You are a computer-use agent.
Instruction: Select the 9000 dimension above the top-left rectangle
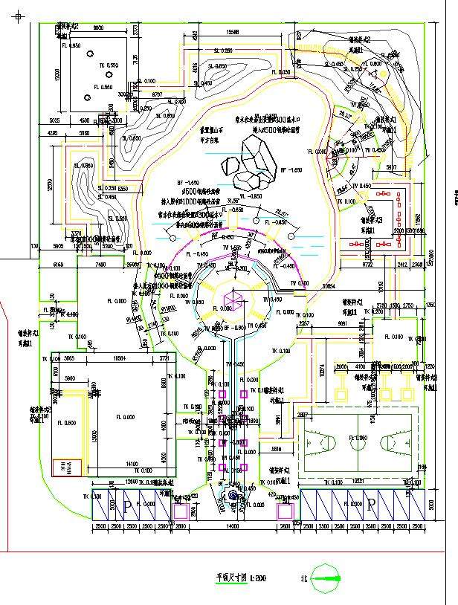[x=97, y=27]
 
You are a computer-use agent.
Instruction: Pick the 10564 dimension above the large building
[x=117, y=358]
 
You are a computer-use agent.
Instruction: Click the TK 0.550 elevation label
[x=109, y=66]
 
